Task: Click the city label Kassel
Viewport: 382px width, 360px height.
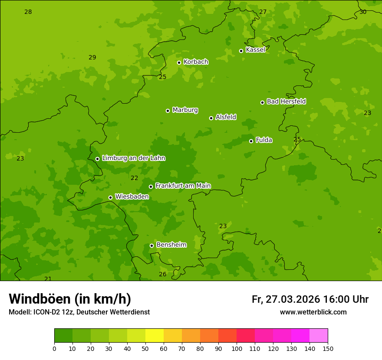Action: point(255,50)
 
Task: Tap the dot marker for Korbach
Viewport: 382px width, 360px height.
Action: point(179,62)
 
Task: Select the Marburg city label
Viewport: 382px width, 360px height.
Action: point(185,110)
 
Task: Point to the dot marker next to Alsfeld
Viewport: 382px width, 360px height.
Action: point(211,118)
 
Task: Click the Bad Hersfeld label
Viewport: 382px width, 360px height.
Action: point(286,101)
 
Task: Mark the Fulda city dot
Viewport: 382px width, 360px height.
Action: point(251,141)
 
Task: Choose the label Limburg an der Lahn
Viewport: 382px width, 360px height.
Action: point(133,158)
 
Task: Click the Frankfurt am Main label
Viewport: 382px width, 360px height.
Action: point(183,186)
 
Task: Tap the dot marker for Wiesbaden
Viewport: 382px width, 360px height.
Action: point(110,197)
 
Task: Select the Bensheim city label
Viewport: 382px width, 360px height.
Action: point(171,245)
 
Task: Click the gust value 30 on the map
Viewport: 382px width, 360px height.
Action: point(363,12)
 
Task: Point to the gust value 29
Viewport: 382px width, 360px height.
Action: point(92,57)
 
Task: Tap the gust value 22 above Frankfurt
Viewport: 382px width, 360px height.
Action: point(134,178)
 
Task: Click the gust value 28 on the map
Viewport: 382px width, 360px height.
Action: point(28,12)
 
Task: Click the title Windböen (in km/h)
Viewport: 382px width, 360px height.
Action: point(69,299)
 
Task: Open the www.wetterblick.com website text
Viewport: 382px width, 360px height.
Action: point(313,312)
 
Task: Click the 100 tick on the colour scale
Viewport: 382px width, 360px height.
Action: point(237,348)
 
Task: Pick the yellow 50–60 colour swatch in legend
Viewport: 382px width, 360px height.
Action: point(155,336)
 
